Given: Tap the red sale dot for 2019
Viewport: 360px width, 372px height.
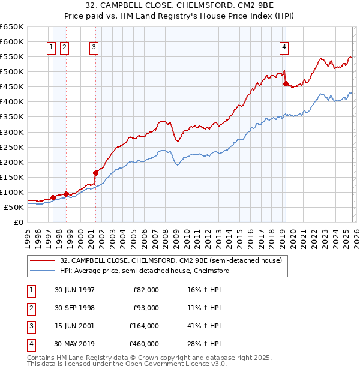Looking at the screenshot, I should [286, 83].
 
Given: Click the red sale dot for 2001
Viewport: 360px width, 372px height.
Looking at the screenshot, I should [95, 173].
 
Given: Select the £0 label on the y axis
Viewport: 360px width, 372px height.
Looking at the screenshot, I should [18, 222].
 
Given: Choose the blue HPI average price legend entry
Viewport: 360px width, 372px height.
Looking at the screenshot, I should [145, 271].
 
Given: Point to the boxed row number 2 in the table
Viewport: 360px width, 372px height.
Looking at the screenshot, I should [31, 308].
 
